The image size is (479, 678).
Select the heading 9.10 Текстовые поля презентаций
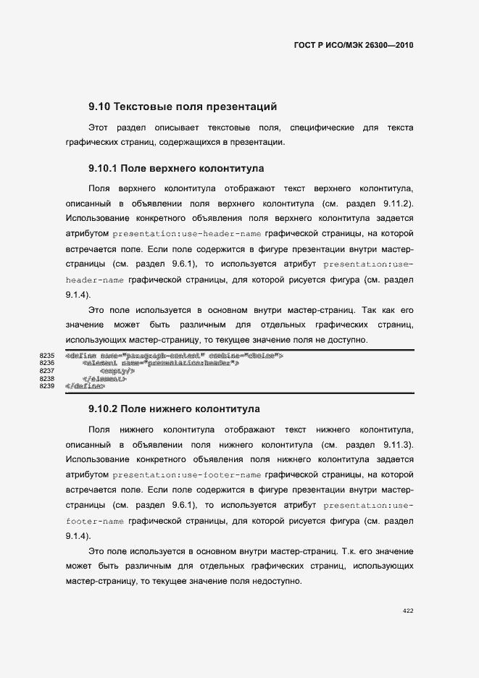point(183,107)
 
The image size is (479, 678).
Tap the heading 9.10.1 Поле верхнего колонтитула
point(175,168)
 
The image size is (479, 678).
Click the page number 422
point(407,611)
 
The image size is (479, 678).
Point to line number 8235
point(47,356)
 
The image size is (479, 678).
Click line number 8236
point(47,363)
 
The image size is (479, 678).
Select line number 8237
point(47,371)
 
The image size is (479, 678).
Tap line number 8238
point(47,378)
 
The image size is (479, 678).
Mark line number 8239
point(47,386)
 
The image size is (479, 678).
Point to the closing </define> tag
point(84,386)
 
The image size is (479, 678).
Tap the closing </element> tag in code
point(105,378)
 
